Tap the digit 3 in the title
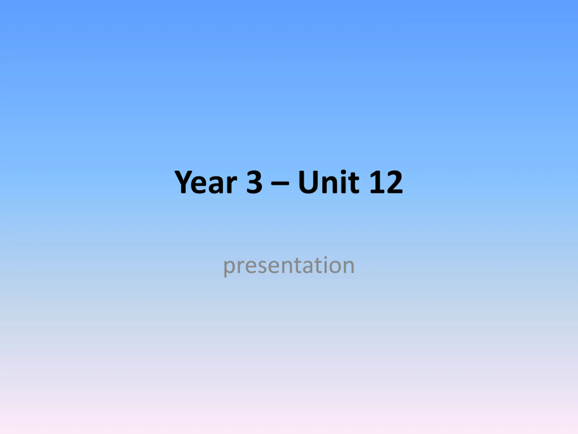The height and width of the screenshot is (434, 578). pyautogui.click(x=254, y=182)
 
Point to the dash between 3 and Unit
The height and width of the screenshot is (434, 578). pyautogui.click(x=280, y=183)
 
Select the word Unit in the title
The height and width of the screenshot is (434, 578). pyautogui.click(x=329, y=182)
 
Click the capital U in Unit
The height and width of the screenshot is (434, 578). pyautogui.click(x=308, y=182)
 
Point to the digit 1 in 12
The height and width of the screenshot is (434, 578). pyautogui.click(x=376, y=182)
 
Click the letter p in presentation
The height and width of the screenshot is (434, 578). pyautogui.click(x=229, y=268)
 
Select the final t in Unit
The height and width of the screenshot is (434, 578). pyautogui.click(x=354, y=183)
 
